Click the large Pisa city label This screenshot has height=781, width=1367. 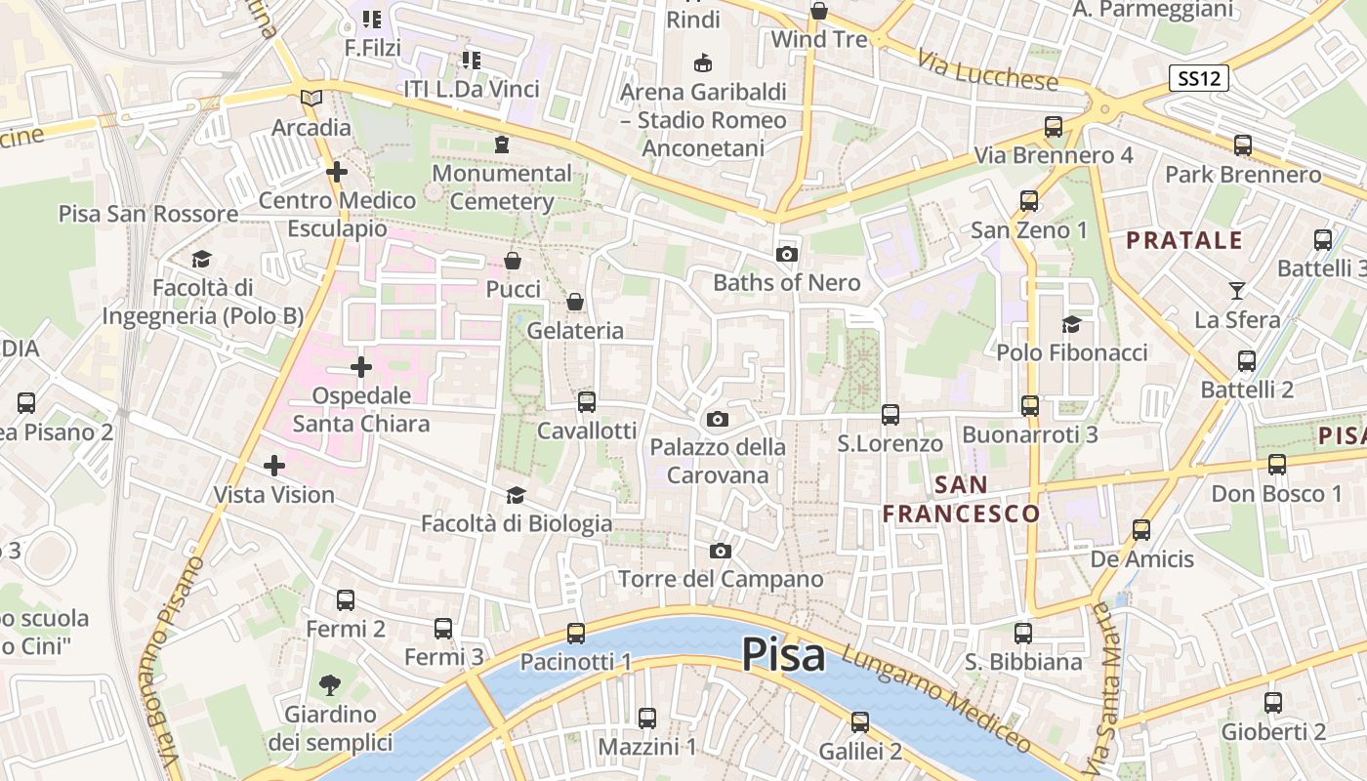click(x=783, y=654)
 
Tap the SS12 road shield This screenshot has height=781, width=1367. click(x=1198, y=79)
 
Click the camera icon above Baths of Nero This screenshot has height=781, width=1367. click(x=786, y=255)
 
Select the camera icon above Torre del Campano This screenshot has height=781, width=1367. click(x=721, y=552)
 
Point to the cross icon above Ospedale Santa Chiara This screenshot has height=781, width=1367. click(x=361, y=368)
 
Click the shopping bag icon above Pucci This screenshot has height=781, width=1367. click(x=513, y=261)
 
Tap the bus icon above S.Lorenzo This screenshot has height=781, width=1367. click(x=891, y=415)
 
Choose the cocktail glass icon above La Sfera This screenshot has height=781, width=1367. click(x=1237, y=291)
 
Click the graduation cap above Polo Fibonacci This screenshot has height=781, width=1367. click(x=1071, y=324)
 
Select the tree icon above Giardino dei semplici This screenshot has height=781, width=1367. click(x=330, y=685)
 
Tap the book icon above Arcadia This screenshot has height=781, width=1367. click(x=311, y=99)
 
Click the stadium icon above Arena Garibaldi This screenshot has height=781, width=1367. click(x=702, y=63)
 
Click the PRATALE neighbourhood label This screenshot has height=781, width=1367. click(x=1184, y=240)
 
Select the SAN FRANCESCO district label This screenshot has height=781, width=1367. click(x=962, y=499)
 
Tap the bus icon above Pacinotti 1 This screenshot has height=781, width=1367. click(x=576, y=634)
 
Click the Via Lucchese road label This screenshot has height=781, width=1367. click(x=987, y=67)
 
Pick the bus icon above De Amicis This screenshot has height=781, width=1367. click(x=1141, y=530)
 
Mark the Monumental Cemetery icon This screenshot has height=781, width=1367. click(x=502, y=144)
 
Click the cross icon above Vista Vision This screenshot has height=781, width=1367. click(x=274, y=466)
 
